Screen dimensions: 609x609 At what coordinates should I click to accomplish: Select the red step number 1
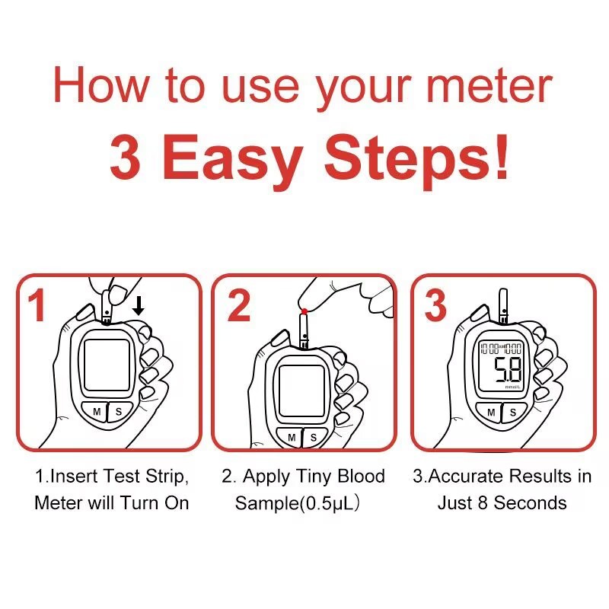coord(37,306)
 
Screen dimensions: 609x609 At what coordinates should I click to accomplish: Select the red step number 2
coord(238,306)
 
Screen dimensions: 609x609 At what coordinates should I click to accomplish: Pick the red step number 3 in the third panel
coord(435,306)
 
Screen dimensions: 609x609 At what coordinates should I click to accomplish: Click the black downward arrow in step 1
coord(138,307)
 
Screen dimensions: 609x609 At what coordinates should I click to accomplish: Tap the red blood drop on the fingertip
coord(304,311)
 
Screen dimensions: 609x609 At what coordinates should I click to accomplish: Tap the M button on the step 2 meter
coord(292,437)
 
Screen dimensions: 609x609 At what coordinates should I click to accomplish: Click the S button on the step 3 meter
coord(513,412)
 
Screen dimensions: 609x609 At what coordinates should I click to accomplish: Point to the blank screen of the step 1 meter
coord(107,366)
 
